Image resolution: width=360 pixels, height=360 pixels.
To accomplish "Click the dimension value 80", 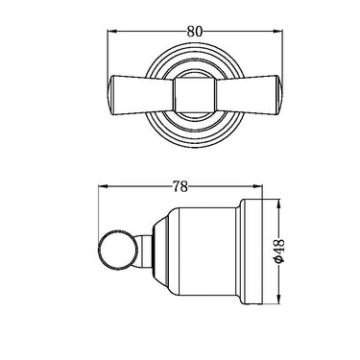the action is coord(195,32).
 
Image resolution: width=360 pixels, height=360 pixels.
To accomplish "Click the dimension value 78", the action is coord(180,186).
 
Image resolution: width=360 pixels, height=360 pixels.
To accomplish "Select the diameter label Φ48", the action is coord(279,251).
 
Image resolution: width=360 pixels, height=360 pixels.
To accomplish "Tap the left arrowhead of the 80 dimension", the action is coord(111,32).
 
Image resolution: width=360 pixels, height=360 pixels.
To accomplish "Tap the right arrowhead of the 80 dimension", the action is coord(278,32).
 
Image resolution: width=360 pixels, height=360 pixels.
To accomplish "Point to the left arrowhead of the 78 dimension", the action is coord(103,186).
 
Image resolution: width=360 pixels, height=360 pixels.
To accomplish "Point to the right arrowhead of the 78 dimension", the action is coord(258,186).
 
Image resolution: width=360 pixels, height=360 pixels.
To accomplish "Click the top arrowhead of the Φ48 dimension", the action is coord(279,204).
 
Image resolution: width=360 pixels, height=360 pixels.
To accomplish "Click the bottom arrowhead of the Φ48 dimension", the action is coord(279,300).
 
